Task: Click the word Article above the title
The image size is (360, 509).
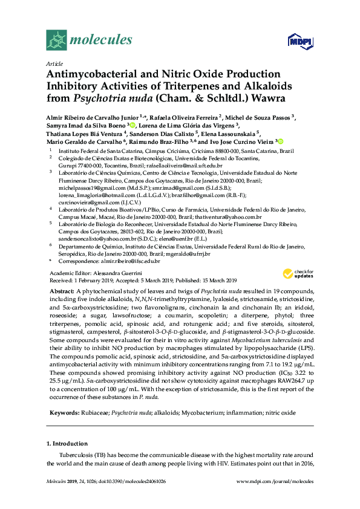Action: (x=54, y=63)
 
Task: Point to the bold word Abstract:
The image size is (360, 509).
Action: (x=62, y=291)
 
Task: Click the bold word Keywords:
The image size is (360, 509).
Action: (x=63, y=413)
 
